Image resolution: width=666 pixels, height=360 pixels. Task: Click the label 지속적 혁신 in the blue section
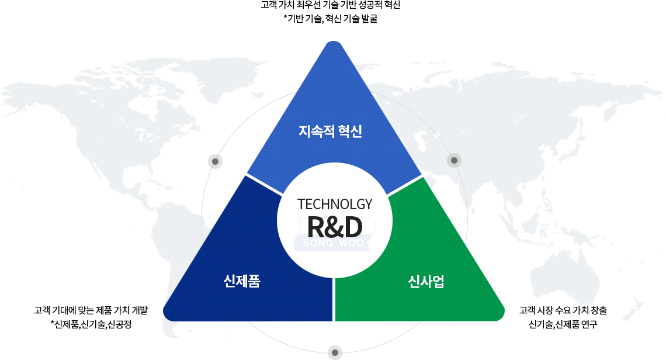coord(331,131)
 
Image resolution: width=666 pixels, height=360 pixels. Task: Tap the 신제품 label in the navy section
coord(242,281)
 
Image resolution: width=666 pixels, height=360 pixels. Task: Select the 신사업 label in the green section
coord(426,281)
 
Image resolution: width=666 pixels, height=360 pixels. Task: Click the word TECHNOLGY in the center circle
coord(335,205)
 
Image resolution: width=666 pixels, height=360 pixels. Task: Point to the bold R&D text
coord(335,227)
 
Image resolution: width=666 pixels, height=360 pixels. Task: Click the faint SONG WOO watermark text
coord(334,243)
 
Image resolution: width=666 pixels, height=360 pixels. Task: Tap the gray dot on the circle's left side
coord(216,161)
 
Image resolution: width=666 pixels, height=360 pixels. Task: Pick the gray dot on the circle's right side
coord(454,160)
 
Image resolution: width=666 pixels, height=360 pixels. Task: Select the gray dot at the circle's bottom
coord(335,353)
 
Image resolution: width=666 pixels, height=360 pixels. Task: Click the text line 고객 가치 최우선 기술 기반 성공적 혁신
coord(331,5)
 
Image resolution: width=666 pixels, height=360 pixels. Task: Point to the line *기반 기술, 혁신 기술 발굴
coord(331,19)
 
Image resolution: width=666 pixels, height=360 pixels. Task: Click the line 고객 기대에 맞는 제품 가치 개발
coord(91,310)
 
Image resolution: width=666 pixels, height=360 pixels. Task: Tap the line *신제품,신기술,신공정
coord(91,324)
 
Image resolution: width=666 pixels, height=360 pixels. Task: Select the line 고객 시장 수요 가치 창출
coord(563,310)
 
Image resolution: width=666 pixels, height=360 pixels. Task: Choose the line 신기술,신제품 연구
coord(563,324)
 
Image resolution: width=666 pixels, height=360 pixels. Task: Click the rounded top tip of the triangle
coord(334,43)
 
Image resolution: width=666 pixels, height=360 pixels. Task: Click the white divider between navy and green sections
coord(334,300)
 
